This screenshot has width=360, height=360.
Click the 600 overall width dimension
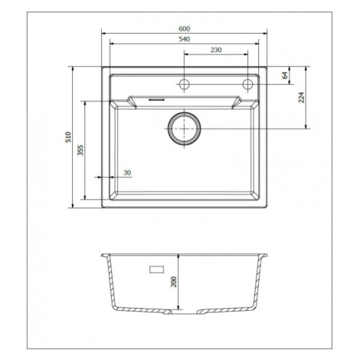[184, 29]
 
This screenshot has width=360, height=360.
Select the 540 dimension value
[184, 39]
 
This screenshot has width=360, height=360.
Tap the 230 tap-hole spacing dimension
[216, 50]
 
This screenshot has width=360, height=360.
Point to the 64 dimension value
[285, 75]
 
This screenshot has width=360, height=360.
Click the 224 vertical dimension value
[302, 97]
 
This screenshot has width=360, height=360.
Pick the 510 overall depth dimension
[68, 137]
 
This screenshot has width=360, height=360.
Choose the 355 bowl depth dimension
[80, 150]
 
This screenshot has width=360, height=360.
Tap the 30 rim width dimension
[127, 173]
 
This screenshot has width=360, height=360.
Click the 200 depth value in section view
[174, 282]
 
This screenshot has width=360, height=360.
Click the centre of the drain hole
[184, 129]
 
